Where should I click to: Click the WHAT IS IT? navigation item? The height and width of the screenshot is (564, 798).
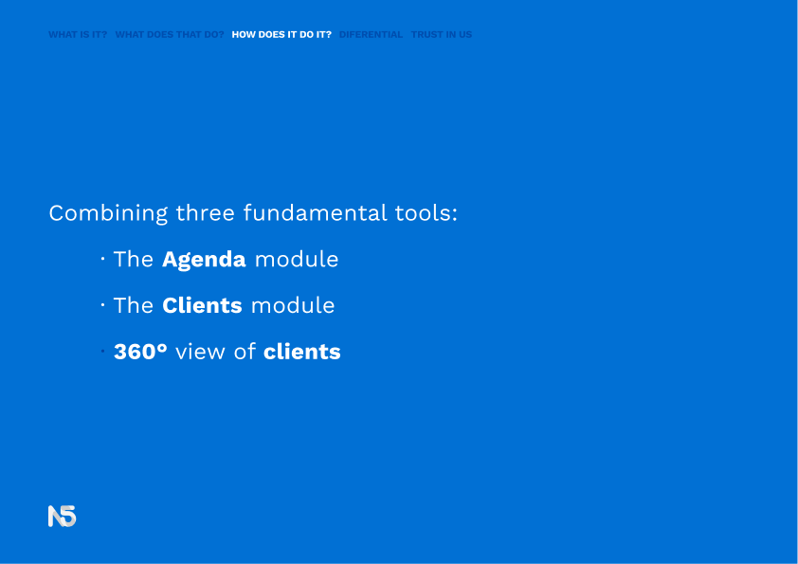click(x=78, y=35)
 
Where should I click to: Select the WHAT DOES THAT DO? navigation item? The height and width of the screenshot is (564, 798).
click(x=170, y=35)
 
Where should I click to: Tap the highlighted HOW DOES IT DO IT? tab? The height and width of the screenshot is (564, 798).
click(x=281, y=35)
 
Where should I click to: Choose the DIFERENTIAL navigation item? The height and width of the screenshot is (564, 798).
click(x=371, y=35)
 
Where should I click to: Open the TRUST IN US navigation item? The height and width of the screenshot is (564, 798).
click(x=442, y=35)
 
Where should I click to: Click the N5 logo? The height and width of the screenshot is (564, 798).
click(x=63, y=517)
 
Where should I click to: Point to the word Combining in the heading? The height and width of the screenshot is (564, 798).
click(x=108, y=213)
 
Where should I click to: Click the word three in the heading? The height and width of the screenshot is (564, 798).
click(x=205, y=212)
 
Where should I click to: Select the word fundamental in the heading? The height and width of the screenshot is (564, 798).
click(x=315, y=212)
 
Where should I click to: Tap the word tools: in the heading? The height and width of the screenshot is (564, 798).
click(x=426, y=212)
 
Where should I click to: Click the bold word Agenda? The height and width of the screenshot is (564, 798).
click(x=204, y=260)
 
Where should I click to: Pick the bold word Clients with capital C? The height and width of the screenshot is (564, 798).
click(x=202, y=305)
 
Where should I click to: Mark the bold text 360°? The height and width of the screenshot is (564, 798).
click(x=140, y=352)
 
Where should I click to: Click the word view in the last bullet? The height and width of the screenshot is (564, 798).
click(x=200, y=353)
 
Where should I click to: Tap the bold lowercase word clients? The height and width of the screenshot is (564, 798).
click(x=301, y=352)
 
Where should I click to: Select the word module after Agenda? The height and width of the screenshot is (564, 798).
click(x=297, y=259)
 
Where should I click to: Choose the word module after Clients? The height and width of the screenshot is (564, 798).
click(x=293, y=305)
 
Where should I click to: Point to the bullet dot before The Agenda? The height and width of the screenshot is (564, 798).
click(x=102, y=259)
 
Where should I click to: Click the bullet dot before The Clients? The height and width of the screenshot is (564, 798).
click(x=102, y=305)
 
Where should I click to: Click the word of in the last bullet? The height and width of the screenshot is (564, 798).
click(x=245, y=352)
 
